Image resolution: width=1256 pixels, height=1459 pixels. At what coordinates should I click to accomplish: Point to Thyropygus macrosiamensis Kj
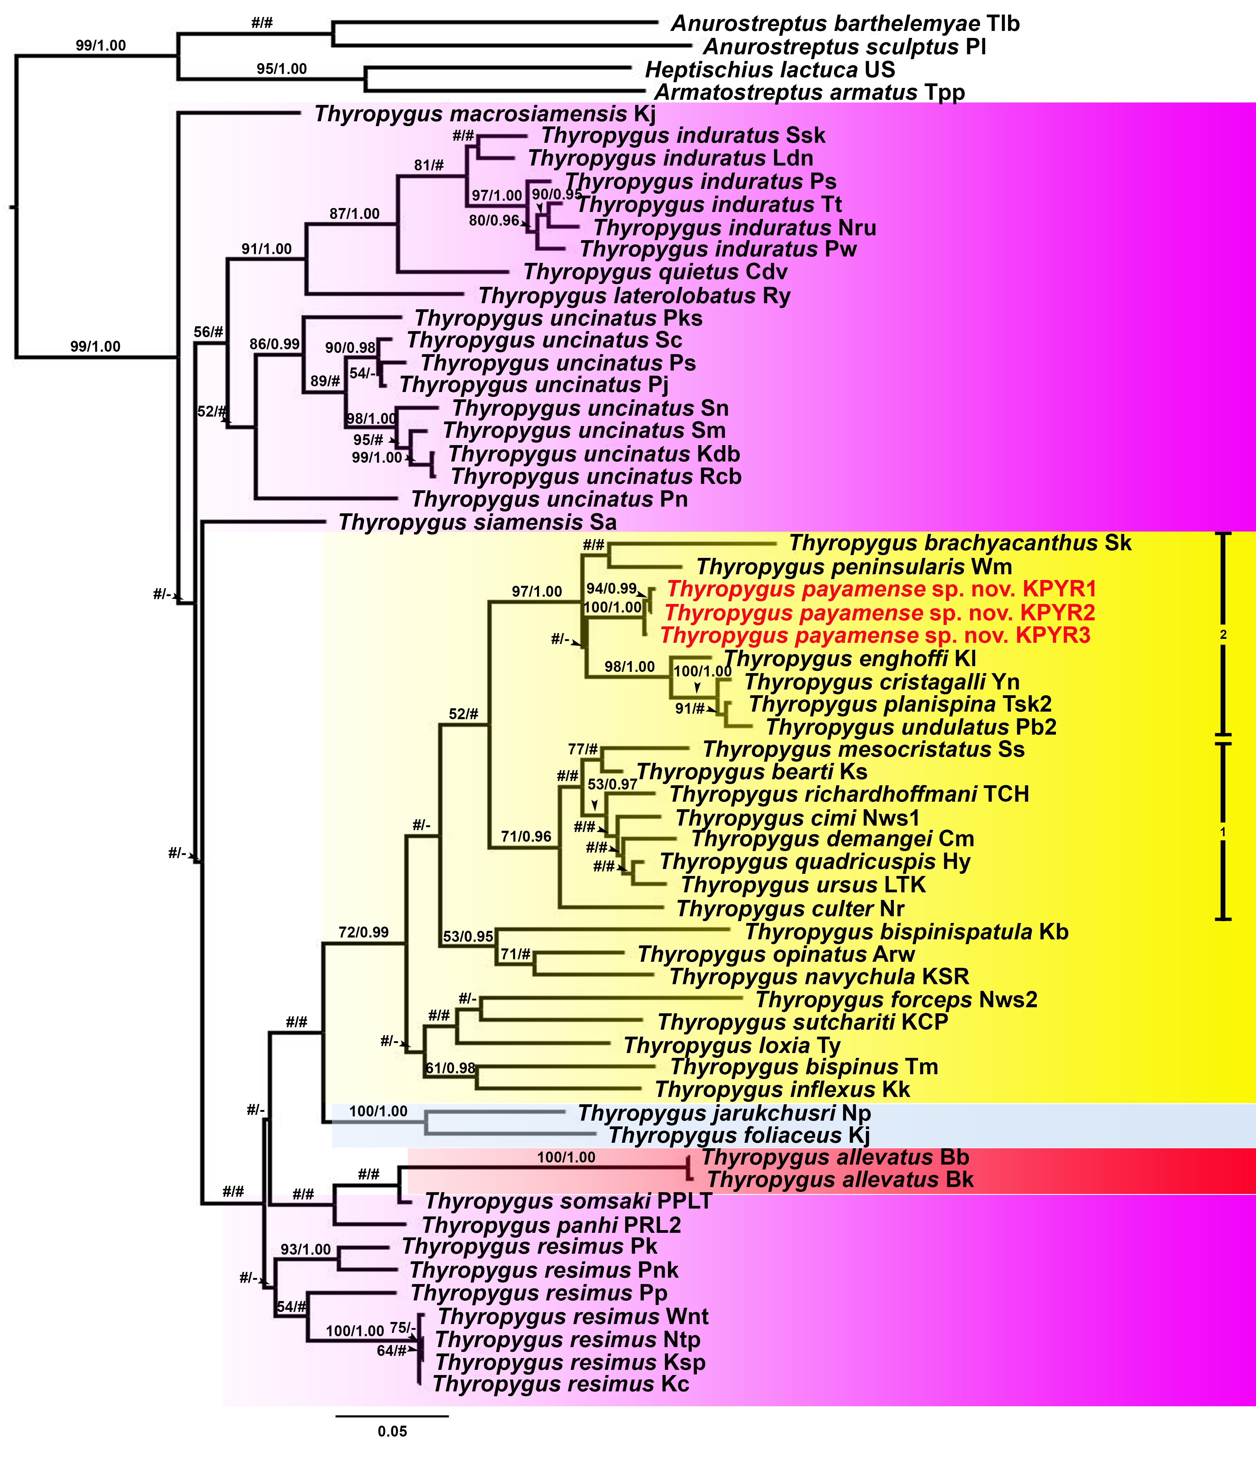point(485,114)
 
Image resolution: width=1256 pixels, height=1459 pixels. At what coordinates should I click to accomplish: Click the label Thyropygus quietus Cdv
point(656,272)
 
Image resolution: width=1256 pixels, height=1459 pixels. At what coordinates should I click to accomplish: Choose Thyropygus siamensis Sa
point(477,522)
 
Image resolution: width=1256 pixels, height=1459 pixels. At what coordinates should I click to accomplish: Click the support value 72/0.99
point(363,932)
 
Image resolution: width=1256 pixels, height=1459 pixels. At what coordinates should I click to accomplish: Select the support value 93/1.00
point(306,1249)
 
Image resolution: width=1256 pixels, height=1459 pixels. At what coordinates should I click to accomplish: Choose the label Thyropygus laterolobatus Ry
point(634,296)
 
